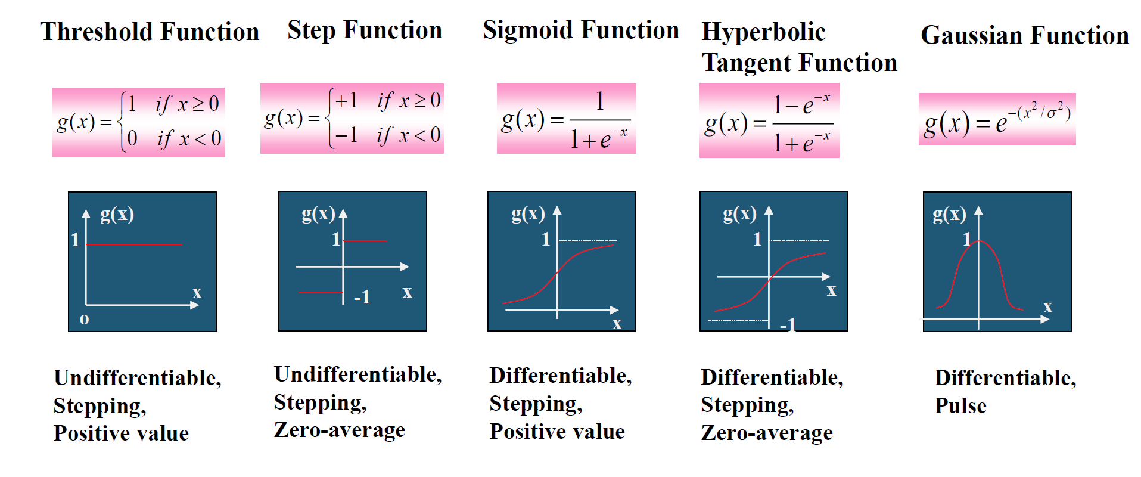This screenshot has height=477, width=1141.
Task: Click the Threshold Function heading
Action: (150, 32)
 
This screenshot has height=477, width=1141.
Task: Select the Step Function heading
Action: (365, 30)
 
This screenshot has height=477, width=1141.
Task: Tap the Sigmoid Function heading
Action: (581, 30)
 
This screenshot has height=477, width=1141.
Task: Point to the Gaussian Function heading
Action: (1025, 35)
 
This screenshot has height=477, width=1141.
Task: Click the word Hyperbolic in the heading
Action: (763, 32)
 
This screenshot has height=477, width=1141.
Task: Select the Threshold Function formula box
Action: (139, 122)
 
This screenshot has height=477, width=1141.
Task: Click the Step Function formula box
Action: (352, 119)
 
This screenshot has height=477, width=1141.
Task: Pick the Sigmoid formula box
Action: (566, 119)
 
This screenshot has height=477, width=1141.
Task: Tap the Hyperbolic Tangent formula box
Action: (769, 120)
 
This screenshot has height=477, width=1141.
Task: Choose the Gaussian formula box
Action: (997, 119)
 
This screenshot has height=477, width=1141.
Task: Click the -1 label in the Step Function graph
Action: (362, 296)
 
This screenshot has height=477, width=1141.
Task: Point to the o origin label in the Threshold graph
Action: (84, 319)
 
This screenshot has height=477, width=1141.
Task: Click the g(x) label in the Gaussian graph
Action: (949, 214)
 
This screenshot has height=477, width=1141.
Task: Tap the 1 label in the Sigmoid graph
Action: (545, 239)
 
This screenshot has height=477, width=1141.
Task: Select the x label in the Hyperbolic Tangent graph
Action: (831, 290)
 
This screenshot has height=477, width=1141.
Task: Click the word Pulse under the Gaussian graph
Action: (960, 405)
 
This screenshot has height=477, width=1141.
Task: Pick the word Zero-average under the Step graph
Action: (339, 430)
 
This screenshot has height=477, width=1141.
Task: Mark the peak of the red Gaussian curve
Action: (980, 241)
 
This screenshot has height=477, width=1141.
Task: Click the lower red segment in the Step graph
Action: (321, 292)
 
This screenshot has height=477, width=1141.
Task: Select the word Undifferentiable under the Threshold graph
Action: (137, 378)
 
